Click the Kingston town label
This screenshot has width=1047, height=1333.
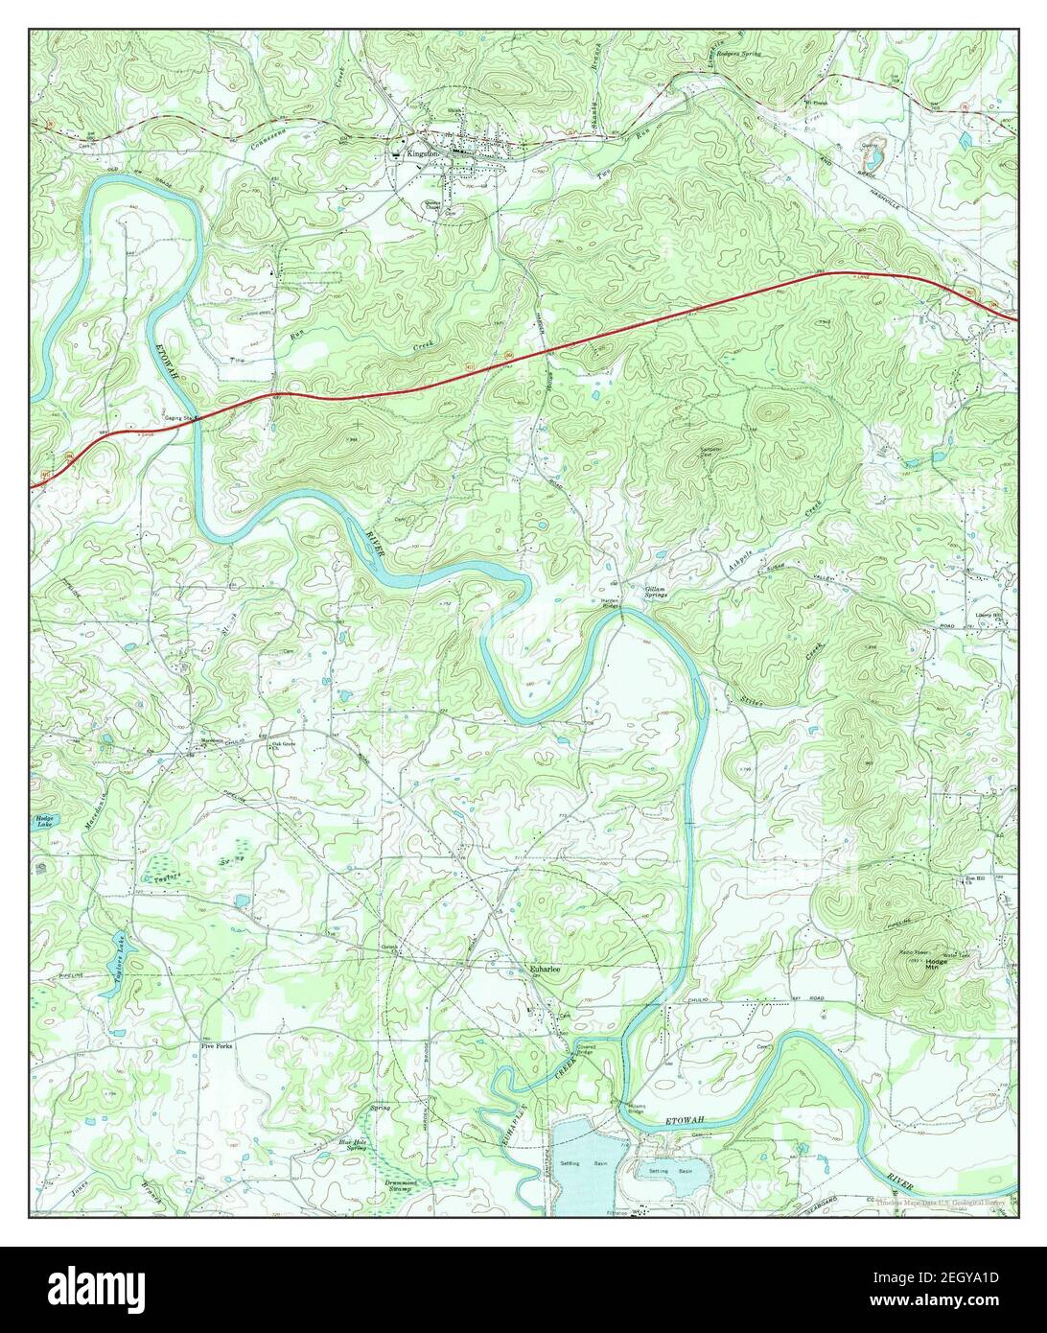coord(422,153)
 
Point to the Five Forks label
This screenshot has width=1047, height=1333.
coord(216,1045)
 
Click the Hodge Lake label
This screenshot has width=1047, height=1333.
coord(44,821)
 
